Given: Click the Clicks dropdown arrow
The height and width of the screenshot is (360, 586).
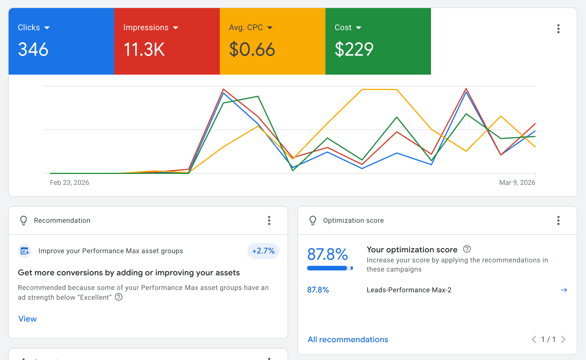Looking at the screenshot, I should click(x=47, y=28).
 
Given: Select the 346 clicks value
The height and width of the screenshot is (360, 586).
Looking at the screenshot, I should click(x=33, y=49).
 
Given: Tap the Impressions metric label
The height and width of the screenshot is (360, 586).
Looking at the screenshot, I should click(x=146, y=28).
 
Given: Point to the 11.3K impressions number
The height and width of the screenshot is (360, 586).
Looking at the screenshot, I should click(x=144, y=49).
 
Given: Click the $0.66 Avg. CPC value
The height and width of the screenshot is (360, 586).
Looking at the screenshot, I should click(x=252, y=49).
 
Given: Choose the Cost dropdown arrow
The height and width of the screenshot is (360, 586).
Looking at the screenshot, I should click(x=358, y=28).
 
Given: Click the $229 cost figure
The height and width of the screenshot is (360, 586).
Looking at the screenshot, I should click(x=354, y=49).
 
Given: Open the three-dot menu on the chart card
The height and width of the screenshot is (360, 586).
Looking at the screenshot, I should click(x=558, y=29).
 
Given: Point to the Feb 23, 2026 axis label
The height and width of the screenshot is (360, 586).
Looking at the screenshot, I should click(x=69, y=183).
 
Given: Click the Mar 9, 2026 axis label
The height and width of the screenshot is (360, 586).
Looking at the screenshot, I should click(x=517, y=183).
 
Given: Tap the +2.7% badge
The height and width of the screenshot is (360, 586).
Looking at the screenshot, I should click(x=263, y=251).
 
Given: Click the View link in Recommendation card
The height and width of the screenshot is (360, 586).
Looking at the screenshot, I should click(x=28, y=319).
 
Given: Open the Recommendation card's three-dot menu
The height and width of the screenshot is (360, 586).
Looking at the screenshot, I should click(x=269, y=220).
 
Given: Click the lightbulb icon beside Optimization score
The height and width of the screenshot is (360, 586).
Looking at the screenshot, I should click(x=313, y=220).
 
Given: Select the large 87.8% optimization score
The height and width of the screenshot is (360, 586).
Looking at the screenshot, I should click(x=327, y=254).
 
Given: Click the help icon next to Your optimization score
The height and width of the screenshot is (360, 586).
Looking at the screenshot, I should click(x=467, y=249).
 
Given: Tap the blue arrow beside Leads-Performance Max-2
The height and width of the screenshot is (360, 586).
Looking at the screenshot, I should click(x=564, y=290).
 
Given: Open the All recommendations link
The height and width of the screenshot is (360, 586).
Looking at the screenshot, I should click(x=348, y=340).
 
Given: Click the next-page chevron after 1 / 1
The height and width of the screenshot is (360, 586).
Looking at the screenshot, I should click(x=563, y=340).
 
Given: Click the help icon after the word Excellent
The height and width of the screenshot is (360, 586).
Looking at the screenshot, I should click(x=119, y=297).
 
